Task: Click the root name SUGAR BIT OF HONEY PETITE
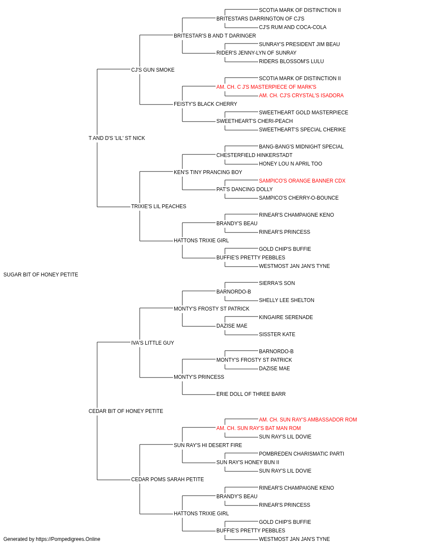coord(40,275)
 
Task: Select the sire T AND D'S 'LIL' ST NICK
coord(117,138)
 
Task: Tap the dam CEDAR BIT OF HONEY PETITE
coord(126,411)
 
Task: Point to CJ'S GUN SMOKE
coord(153,70)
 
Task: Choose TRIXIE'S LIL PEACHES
coord(158,206)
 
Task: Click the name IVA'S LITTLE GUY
coord(152,343)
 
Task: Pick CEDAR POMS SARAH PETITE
coord(167,479)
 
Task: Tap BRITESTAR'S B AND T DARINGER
coord(215,36)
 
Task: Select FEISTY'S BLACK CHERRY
coord(205,104)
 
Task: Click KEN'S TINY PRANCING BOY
coord(208,172)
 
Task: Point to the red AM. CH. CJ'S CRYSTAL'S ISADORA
coord(301,96)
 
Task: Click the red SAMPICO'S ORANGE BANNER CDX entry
coord(302,181)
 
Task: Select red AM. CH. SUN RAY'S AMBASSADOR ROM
coord(308,420)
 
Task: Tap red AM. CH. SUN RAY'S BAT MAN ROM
coord(259,428)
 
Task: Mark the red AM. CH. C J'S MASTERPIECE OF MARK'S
coord(266,87)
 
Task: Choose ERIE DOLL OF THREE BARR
coord(251,394)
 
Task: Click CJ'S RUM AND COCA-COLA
coord(293,27)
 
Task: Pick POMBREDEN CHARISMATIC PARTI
coord(301,454)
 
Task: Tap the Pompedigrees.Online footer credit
coord(52,539)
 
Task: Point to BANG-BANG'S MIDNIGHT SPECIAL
coord(301,146)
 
